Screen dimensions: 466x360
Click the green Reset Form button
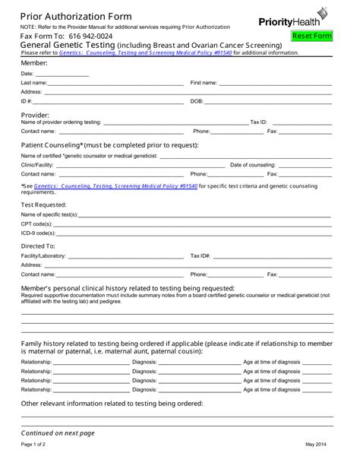312,36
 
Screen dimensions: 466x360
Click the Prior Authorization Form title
75,16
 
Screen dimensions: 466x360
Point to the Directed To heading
37,246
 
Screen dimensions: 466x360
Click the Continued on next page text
58,433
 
